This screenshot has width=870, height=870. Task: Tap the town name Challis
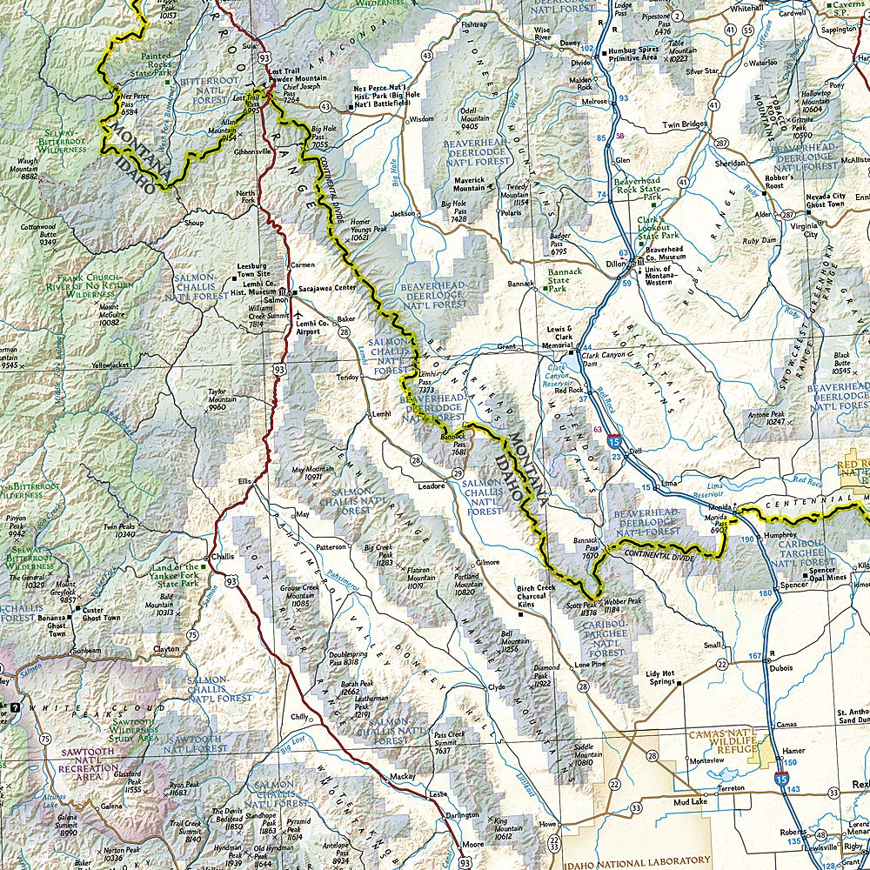click(223, 558)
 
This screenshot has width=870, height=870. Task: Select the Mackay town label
click(403, 776)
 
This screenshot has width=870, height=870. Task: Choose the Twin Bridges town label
click(685, 125)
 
